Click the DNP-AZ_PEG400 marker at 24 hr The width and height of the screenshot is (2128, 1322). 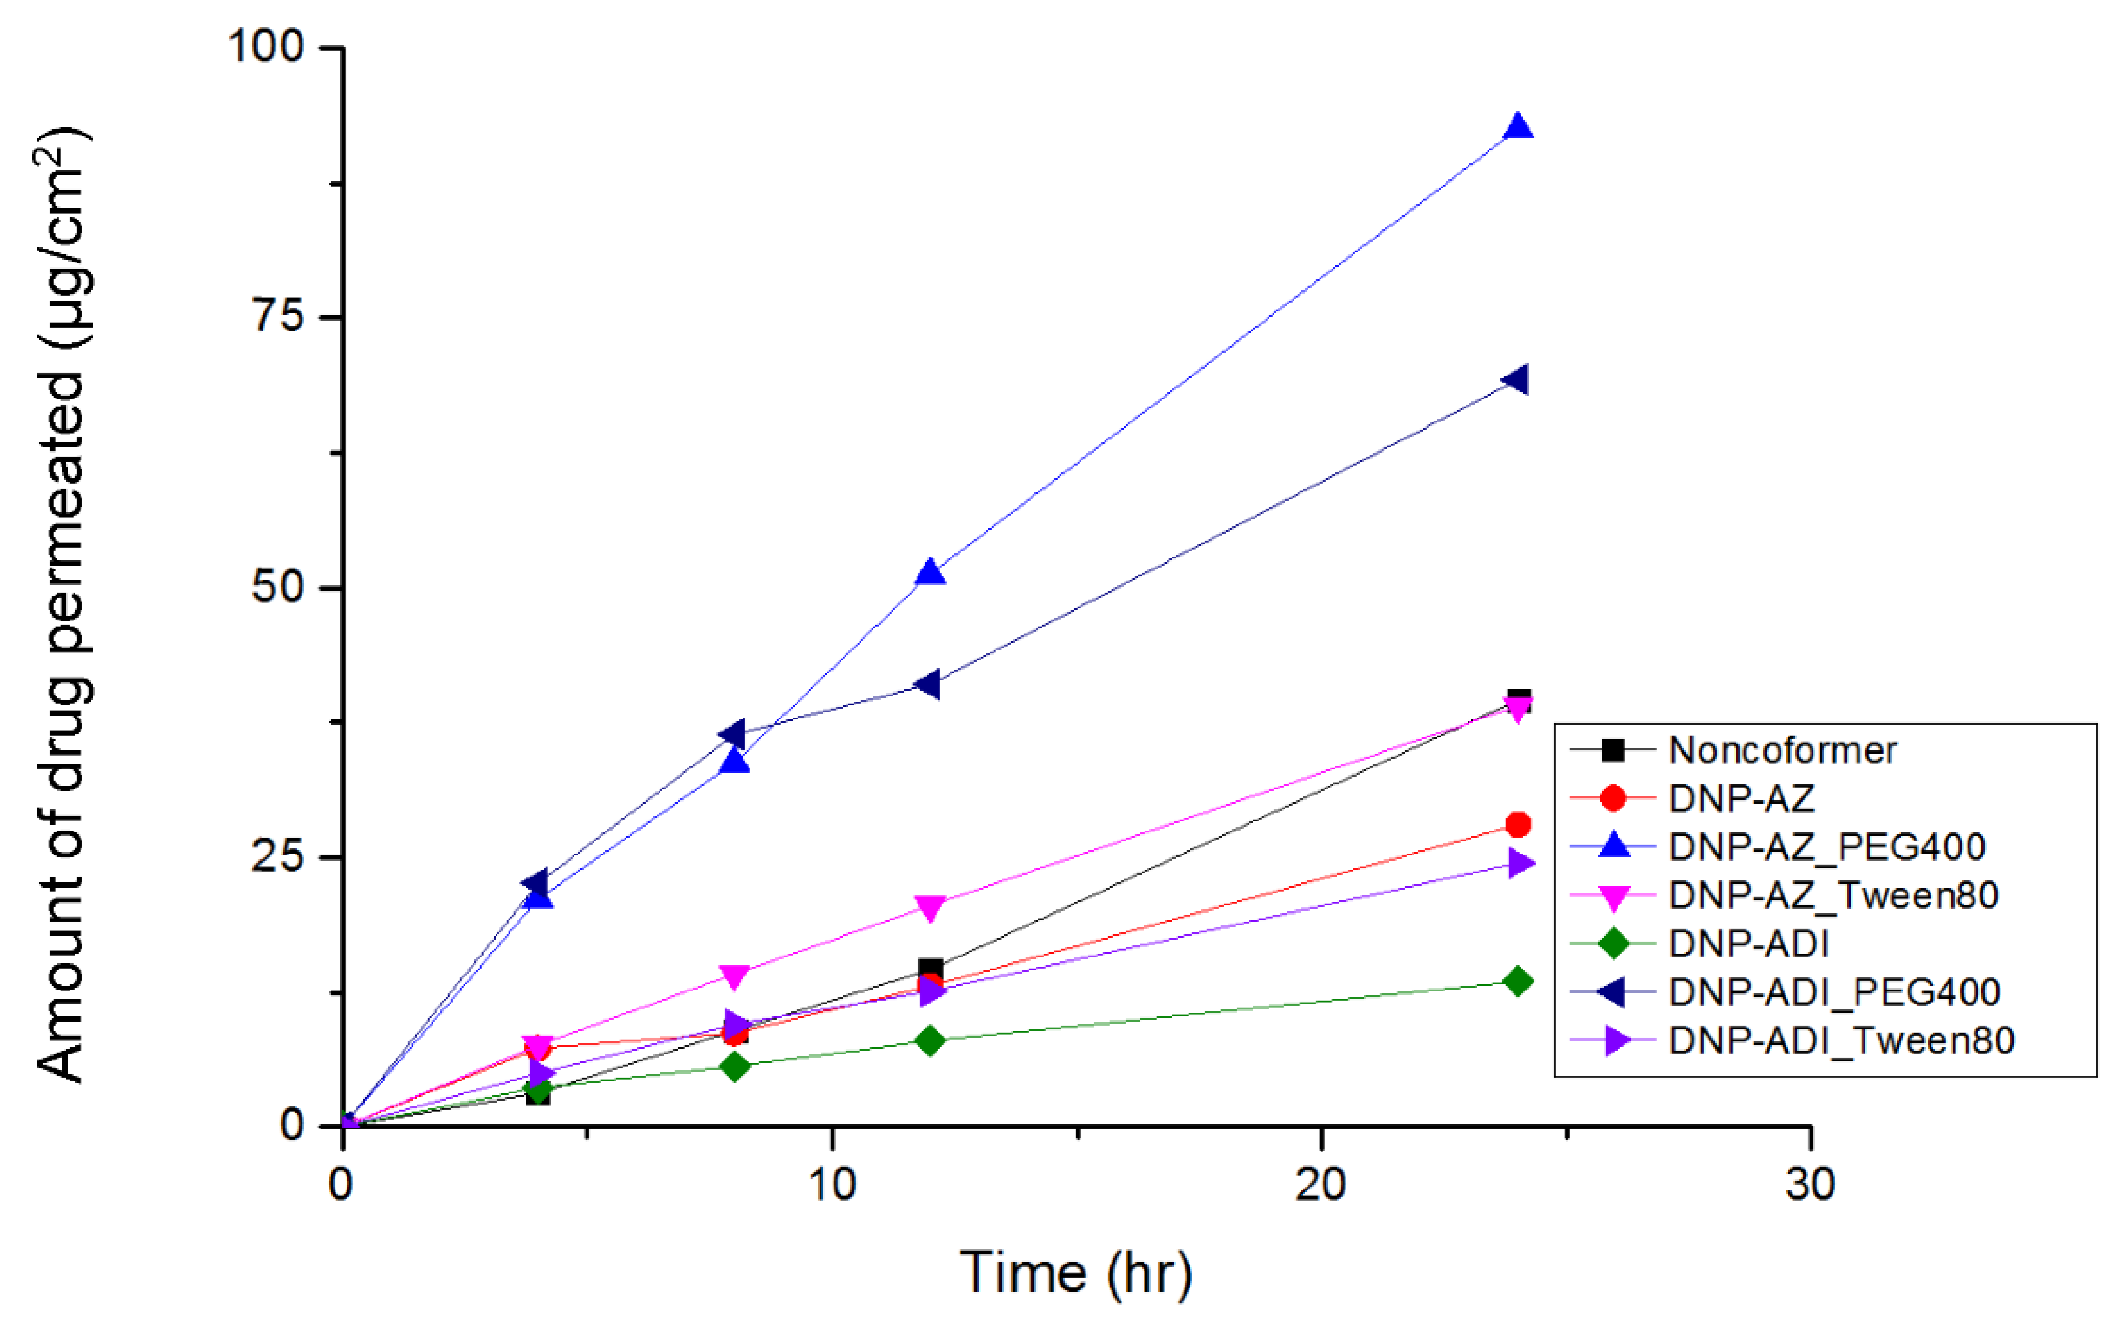pos(1519,127)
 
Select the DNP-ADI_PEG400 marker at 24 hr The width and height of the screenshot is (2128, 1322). pos(1516,380)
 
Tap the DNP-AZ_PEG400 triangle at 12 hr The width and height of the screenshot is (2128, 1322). pos(930,574)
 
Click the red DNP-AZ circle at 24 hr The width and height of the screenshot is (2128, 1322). pos(1519,825)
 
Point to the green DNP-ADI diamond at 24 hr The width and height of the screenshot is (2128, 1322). pos(1519,981)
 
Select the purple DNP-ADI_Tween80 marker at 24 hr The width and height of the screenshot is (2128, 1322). pos(1520,865)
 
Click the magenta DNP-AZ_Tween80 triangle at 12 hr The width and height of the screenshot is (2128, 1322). pos(930,907)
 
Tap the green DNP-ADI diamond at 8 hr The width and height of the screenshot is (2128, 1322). pos(735,1066)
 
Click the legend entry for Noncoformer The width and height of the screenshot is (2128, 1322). pos(1782,750)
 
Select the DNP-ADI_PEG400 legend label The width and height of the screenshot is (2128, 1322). pos(1834,991)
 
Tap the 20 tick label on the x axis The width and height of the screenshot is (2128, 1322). pos(1320,1185)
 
